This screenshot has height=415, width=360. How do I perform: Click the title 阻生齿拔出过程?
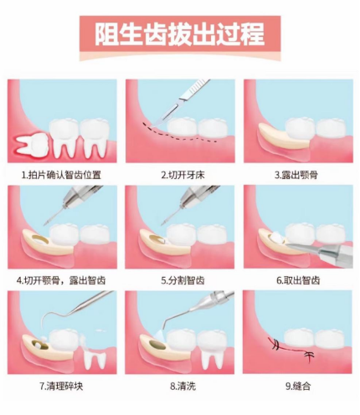[x=180, y=35]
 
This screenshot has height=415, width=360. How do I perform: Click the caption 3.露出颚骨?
[x=296, y=175]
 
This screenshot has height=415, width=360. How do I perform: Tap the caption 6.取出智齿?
[x=296, y=279]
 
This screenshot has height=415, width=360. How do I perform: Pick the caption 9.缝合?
[x=296, y=386]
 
